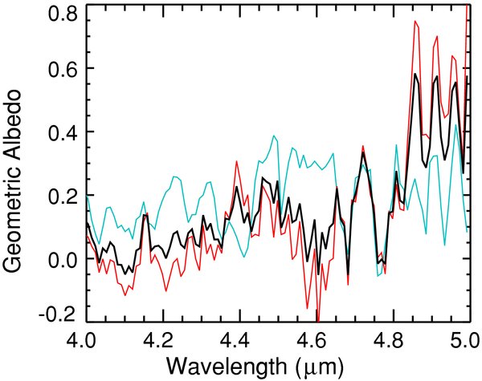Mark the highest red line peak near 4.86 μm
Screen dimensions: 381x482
[x=415, y=21]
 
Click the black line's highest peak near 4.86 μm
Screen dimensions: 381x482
[x=415, y=74]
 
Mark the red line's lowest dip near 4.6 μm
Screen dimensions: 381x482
[x=318, y=320]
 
